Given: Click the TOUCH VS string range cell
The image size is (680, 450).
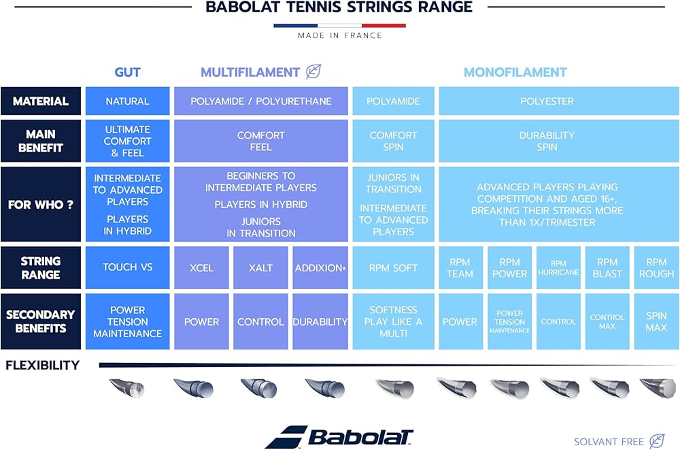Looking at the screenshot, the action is tap(127, 268).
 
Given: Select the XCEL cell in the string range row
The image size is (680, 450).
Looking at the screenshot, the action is tap(201, 268).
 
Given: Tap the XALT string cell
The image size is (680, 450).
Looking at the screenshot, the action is tap(260, 268).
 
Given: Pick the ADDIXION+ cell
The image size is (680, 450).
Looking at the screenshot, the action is tap(320, 268).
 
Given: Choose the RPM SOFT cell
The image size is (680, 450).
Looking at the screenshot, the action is tap(393, 268).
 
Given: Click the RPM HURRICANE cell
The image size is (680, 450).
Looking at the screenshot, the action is tap(558, 268).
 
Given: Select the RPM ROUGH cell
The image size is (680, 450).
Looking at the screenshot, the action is tap(657, 268).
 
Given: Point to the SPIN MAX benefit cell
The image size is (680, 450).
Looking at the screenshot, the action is tap(657, 322).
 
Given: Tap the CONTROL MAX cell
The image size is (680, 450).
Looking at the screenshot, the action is tap(607, 322).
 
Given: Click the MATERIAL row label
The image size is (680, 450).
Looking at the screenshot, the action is tap(40, 101).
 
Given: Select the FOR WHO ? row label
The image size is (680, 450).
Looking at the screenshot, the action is tap(40, 204).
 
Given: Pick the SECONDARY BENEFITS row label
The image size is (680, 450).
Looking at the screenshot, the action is tap(40, 322).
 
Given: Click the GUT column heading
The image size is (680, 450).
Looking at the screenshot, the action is tap(127, 72).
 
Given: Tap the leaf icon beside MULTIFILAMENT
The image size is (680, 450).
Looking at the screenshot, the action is tap(313, 71).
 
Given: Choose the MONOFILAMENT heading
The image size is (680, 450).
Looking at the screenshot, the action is tap(515, 72).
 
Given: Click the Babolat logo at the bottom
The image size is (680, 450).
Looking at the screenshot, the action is tap(339, 437).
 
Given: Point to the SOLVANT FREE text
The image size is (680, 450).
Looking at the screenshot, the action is tap(609, 442).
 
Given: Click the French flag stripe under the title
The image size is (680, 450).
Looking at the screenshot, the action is tap(339, 26).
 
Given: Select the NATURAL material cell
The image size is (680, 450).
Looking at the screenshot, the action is tap(127, 101).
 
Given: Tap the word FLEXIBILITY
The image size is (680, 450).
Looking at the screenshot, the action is tap(42, 365).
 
